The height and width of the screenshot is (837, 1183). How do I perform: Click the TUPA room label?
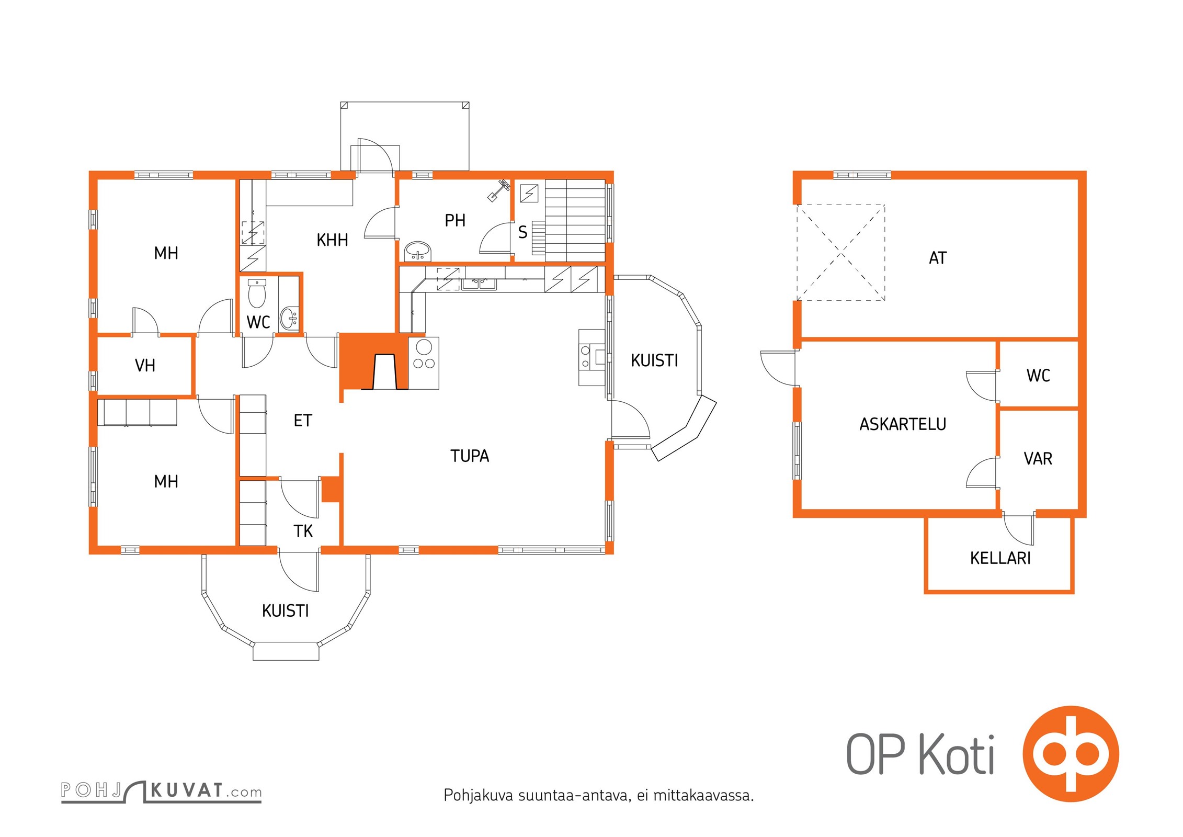470,456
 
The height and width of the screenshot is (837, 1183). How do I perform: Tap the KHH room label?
332,240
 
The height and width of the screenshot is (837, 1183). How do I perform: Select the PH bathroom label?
455,221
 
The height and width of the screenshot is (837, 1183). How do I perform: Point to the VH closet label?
145,365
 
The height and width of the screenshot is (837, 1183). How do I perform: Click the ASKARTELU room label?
903,424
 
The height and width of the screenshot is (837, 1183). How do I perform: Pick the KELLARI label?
1000,558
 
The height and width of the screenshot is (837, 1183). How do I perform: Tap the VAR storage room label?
1038,459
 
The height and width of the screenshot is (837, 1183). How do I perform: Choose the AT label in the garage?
938,258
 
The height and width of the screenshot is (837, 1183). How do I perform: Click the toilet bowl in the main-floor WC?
257,294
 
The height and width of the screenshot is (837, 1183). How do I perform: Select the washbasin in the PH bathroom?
417,251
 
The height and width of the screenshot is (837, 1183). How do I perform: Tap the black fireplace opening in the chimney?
384,372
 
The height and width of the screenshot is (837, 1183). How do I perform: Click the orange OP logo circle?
1071,754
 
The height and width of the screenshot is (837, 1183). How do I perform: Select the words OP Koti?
920,754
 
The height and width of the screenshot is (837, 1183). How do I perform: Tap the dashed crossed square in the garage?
841,253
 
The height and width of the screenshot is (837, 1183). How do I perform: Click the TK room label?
303,531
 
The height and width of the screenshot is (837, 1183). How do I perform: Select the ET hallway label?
303,421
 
